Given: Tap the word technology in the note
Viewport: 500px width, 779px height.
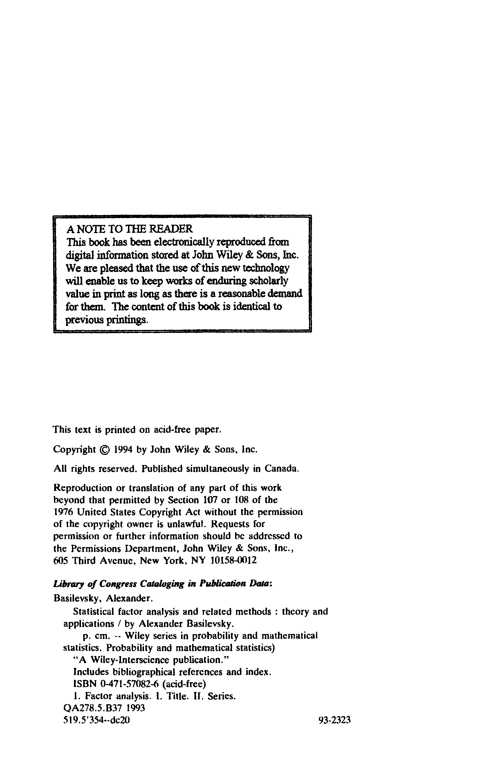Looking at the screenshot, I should pos(266,268).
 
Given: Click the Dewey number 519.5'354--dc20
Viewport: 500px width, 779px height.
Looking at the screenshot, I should pos(96,720).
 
